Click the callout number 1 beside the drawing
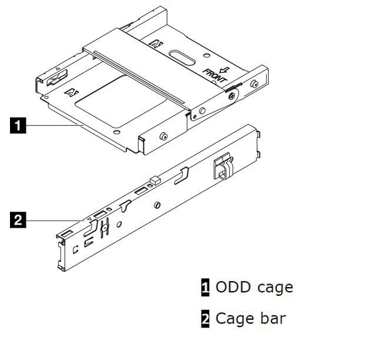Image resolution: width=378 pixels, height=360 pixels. (18, 125)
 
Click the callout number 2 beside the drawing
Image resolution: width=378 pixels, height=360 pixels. (18, 221)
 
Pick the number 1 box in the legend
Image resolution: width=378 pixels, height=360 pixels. (205, 288)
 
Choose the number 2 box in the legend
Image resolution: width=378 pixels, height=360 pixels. (205, 319)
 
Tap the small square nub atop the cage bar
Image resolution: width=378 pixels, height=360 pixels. (154, 179)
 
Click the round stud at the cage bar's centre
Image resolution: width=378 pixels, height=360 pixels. (157, 205)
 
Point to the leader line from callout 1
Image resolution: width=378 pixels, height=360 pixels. (53, 125)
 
